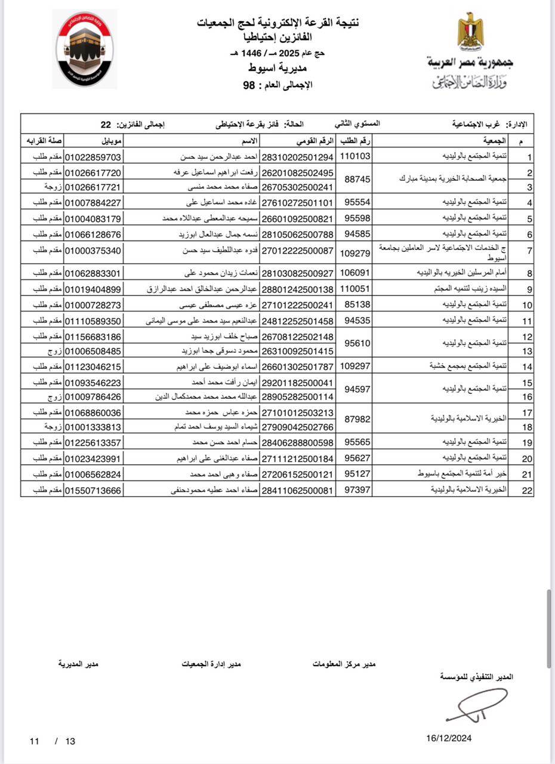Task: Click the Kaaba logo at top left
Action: click(85, 50)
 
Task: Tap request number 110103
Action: click(355, 157)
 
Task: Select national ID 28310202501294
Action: click(297, 157)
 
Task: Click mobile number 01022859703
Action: click(93, 157)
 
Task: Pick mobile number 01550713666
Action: click(93, 490)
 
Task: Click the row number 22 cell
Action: click(527, 490)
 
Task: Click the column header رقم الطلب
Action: click(354, 141)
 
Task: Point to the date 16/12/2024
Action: click(449, 738)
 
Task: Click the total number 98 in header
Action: click(248, 85)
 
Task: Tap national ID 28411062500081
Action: click(297, 490)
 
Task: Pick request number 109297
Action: click(355, 366)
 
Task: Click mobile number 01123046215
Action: click(93, 366)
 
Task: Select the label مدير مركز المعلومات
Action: click(344, 663)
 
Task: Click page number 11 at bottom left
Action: click(35, 741)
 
